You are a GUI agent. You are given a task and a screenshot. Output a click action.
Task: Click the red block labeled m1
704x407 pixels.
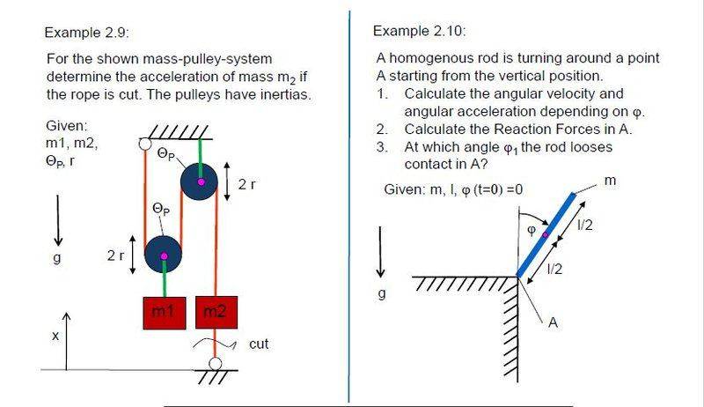[164, 312]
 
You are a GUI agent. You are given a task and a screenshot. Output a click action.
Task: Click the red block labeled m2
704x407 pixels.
[215, 312]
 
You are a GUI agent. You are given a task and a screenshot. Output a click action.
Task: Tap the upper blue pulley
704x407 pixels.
[202, 182]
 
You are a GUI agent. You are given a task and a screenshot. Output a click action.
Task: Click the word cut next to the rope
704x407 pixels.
[259, 344]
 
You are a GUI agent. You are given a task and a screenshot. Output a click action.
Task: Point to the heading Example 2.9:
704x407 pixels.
[87, 33]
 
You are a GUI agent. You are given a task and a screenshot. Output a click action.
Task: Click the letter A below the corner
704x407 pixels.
[554, 322]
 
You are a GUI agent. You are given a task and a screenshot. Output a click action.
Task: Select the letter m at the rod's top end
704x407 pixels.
[609, 181]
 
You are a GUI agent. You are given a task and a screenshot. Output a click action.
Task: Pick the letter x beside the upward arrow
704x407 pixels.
[55, 336]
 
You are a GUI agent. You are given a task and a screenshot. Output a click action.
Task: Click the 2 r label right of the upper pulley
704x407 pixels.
[246, 184]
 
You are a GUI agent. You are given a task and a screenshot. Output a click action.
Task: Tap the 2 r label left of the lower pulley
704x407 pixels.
[116, 255]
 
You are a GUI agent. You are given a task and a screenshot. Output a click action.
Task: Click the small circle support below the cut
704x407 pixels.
[214, 364]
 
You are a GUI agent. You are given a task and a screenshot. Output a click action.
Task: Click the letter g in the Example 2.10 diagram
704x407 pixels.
[381, 293]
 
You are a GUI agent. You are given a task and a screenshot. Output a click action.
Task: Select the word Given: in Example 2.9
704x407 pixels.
[66, 126]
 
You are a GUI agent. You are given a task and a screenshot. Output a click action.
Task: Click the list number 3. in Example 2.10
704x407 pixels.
[382, 147]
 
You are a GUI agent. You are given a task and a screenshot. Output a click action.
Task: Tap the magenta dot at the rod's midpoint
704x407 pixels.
[545, 234]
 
